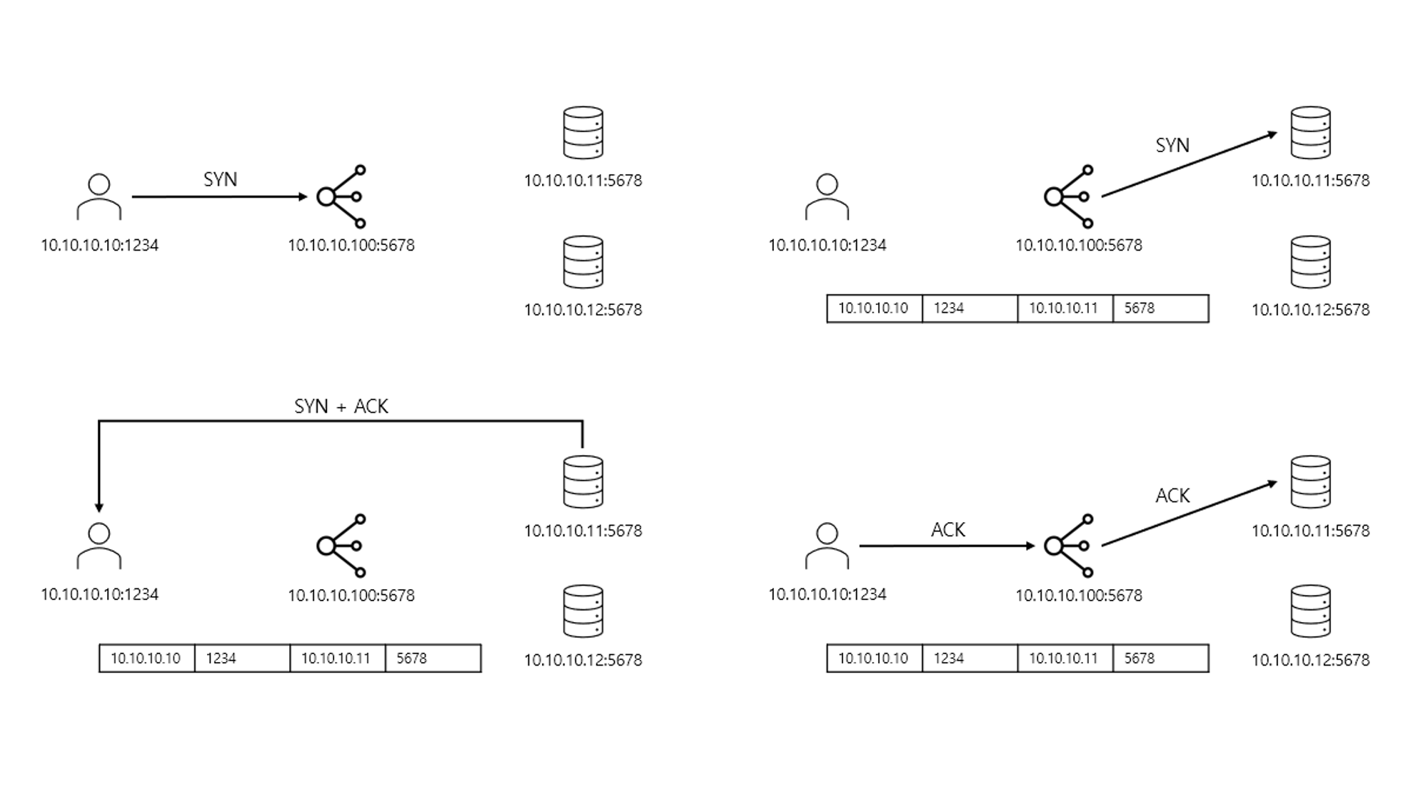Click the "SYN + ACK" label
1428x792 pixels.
tap(341, 406)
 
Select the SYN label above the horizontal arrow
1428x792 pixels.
tap(220, 180)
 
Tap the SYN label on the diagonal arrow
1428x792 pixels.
tap(1172, 146)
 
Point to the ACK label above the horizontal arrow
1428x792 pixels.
tap(947, 530)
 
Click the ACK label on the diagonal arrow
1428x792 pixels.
tap(1172, 496)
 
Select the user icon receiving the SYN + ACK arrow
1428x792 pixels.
tap(99, 546)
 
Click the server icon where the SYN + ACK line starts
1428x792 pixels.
tap(583, 482)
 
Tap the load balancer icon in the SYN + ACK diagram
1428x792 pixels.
tap(342, 546)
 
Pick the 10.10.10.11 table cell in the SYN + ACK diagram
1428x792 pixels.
tap(336, 658)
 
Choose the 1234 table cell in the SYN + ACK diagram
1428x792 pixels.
tap(242, 658)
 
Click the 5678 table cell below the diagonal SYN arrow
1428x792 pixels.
tap(1160, 309)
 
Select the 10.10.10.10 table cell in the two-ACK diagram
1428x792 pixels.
tap(874, 658)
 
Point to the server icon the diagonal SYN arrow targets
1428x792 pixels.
tap(1311, 133)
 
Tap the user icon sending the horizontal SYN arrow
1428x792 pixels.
tap(99, 197)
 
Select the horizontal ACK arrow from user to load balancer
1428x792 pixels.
tap(947, 546)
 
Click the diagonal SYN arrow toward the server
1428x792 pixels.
tap(1189, 165)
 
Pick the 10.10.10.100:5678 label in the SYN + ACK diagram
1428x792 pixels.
tap(351, 596)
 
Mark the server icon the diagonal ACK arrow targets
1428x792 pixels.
tap(1311, 482)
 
